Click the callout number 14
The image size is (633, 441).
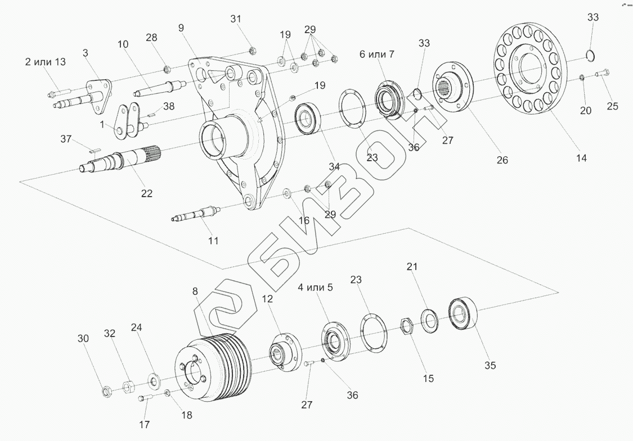tap(581, 158)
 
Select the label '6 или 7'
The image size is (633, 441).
tap(377, 54)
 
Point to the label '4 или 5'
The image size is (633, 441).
tap(315, 287)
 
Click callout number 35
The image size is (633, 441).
tap(490, 366)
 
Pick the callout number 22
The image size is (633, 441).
tap(146, 193)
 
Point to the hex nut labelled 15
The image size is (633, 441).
tap(406, 325)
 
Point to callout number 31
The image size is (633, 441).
tap(236, 19)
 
